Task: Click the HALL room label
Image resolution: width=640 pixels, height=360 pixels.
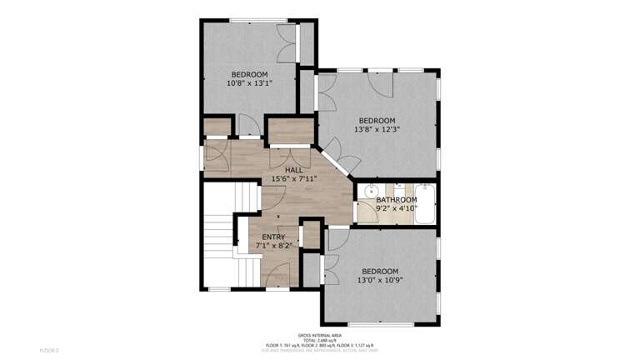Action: point(293,170)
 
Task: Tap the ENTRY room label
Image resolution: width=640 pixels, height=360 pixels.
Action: point(273,237)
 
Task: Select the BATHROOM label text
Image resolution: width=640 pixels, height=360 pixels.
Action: point(396,200)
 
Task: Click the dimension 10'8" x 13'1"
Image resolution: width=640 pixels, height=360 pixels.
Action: point(249,83)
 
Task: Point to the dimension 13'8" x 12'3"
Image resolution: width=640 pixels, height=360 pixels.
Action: point(377,129)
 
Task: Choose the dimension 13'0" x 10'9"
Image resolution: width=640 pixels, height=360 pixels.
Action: point(380,280)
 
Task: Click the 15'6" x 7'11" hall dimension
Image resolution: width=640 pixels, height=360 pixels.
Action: point(293,179)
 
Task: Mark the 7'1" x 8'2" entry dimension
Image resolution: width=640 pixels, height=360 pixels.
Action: point(273,247)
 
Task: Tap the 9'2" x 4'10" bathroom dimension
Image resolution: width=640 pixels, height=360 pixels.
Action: point(396,208)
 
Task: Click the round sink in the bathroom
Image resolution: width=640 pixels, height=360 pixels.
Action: point(371,191)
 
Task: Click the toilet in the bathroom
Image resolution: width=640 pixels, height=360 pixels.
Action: point(399,188)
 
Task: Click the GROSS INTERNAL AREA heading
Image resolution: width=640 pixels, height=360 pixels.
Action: point(320,335)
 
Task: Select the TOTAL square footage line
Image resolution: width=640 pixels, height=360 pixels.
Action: point(320,340)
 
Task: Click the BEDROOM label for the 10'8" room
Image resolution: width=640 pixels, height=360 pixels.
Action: point(249,74)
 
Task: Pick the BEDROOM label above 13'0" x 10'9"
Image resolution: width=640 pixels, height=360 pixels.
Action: point(380,271)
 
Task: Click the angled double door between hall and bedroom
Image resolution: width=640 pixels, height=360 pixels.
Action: point(337,159)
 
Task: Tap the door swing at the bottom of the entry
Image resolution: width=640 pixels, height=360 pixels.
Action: point(277,275)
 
